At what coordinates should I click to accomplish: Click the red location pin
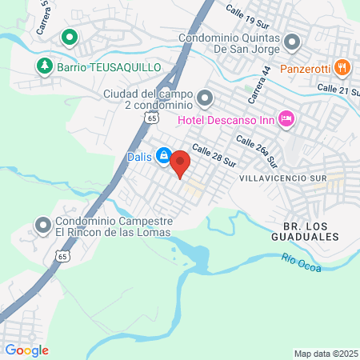pos(180,162)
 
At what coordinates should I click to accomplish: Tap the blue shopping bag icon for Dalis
pos(163,155)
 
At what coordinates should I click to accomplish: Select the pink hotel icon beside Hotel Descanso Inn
pos(287,120)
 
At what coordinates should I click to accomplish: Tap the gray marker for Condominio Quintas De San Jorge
pos(292,41)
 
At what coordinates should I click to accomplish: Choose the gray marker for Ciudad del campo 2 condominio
pos(205,98)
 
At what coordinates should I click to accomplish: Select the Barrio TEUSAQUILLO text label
pos(109,67)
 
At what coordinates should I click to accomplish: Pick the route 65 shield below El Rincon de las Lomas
pos(62,256)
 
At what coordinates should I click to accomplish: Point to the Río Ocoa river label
pos(302,262)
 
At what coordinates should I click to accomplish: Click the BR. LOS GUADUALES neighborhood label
pos(311,231)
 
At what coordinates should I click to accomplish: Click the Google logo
pos(26,350)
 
